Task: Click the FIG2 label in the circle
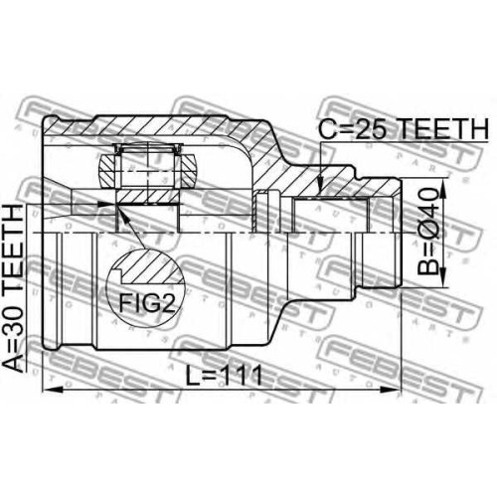[146, 303]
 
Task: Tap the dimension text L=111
[224, 376]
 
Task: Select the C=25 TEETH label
[404, 129]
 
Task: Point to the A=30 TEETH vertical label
[13, 287]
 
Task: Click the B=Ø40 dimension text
[427, 232]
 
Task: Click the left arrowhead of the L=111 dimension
[53, 390]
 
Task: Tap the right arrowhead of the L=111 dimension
[391, 390]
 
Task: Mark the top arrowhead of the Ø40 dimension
[443, 188]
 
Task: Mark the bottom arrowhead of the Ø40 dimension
[443, 277]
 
